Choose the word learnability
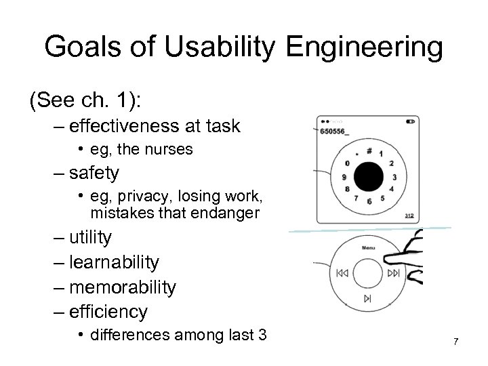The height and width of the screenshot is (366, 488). (x=115, y=262)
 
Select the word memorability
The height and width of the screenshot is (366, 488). (x=123, y=287)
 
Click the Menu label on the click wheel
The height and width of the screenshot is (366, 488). (x=369, y=247)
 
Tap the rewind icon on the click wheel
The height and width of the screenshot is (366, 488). (x=340, y=274)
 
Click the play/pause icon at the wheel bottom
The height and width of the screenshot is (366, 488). (x=368, y=298)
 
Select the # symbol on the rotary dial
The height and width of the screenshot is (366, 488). (x=369, y=150)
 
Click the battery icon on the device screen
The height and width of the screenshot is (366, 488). (x=410, y=123)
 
